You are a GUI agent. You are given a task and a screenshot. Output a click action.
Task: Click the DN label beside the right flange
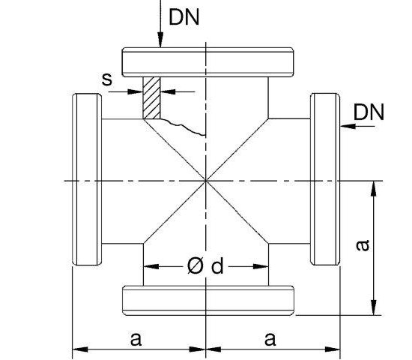click(369, 112)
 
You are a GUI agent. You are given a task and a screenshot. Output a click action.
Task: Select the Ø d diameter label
click(205, 266)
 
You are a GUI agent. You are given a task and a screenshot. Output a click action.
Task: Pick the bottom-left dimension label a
click(136, 338)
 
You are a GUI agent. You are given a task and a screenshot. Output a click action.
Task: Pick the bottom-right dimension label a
click(269, 338)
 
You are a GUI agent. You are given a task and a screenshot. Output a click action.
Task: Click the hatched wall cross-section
click(153, 97)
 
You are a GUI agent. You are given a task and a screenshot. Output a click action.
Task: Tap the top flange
click(207, 61)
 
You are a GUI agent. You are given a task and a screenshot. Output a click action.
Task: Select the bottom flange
click(207, 298)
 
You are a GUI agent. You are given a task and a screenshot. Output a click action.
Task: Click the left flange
click(87, 180)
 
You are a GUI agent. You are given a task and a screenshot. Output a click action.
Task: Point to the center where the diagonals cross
click(206, 180)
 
